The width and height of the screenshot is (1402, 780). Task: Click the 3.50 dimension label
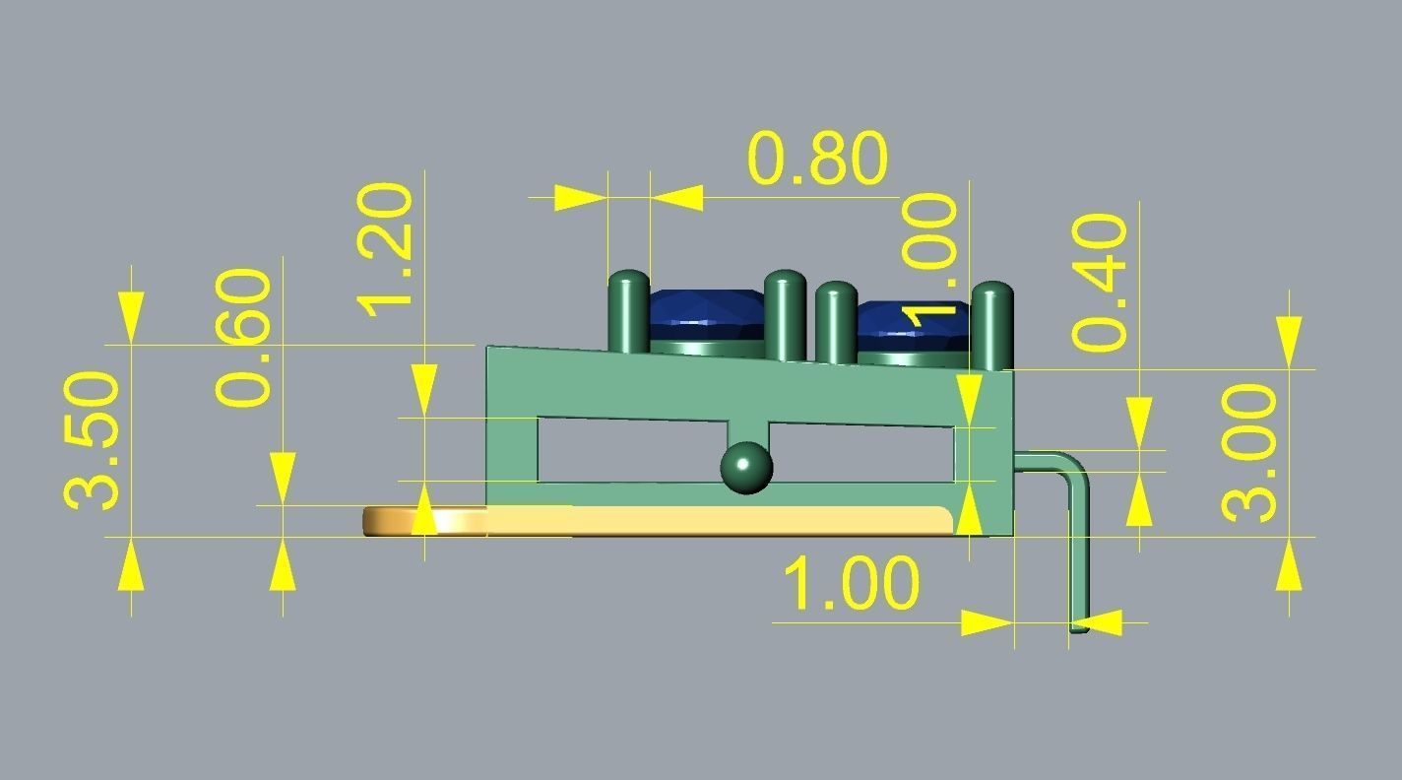point(92,440)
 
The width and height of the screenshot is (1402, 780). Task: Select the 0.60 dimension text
point(243,338)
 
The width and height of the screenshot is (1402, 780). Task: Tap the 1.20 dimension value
point(384,250)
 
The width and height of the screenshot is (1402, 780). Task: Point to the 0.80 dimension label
point(818,159)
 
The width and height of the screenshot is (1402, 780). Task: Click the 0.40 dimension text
point(1100,282)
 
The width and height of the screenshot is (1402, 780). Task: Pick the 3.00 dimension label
point(1249,453)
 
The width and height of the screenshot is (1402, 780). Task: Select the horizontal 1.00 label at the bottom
point(852,583)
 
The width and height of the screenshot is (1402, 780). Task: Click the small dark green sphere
point(746,468)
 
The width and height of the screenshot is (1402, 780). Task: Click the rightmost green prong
point(994,326)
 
